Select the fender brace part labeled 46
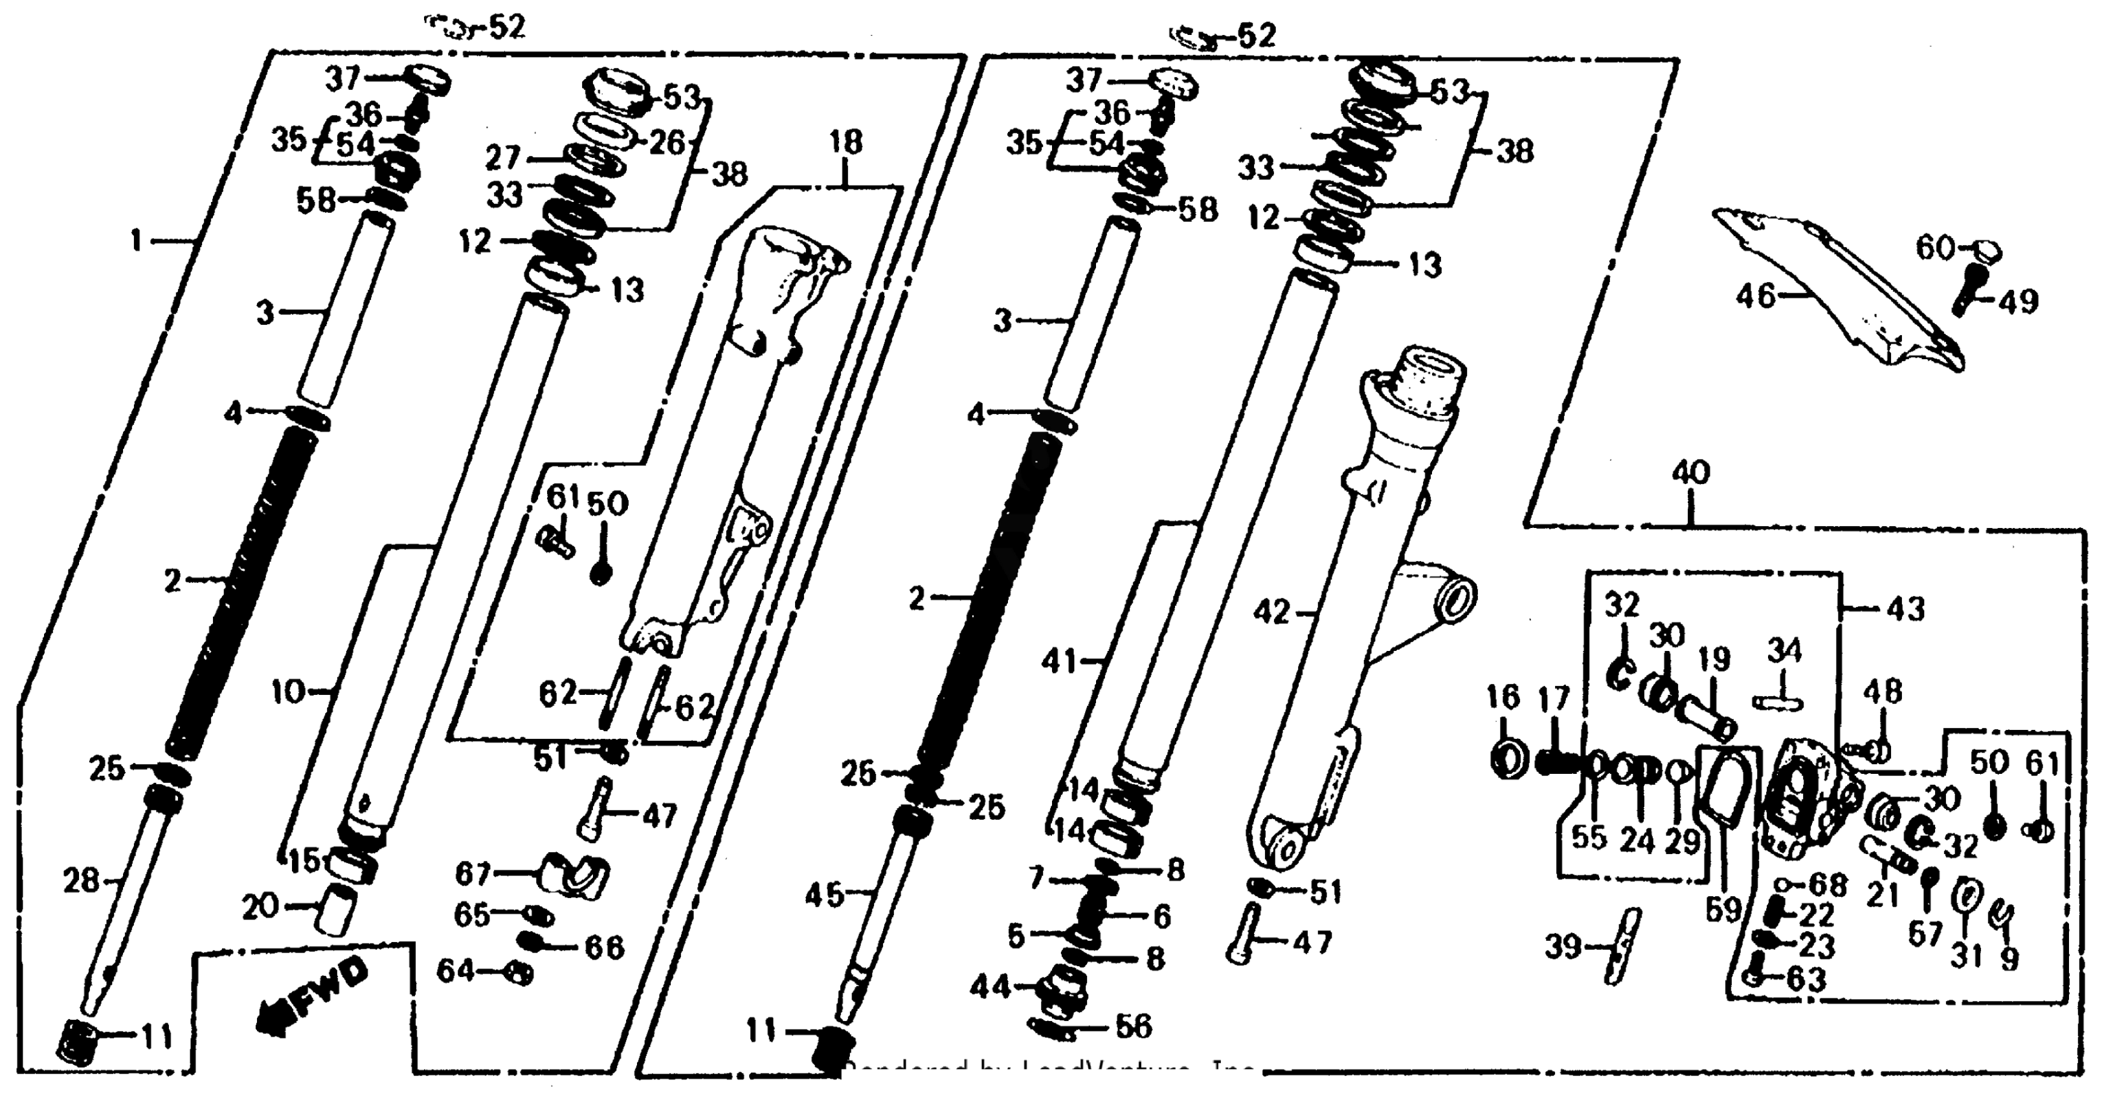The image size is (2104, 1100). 1838,294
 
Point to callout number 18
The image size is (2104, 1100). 845,142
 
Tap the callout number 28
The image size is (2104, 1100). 81,881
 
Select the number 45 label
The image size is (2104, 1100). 823,895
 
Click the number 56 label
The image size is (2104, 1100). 1132,1026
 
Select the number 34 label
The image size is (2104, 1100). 1784,652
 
